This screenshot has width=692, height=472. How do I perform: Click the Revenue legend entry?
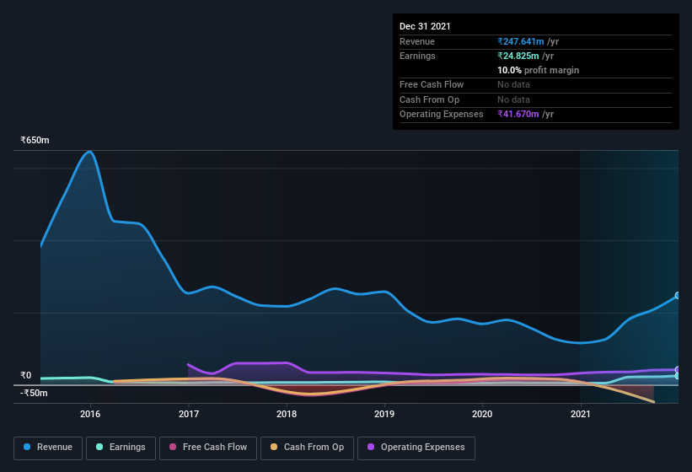pyautogui.click(x=48, y=448)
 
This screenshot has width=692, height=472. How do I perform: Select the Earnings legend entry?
pyautogui.click(x=121, y=448)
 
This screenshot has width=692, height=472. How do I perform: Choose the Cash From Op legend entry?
pyautogui.click(x=307, y=448)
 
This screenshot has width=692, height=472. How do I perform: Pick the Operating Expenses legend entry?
pyautogui.click(x=416, y=448)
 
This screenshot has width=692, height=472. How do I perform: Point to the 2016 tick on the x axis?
pyautogui.click(x=90, y=414)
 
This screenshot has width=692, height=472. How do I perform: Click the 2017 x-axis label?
pyautogui.click(x=189, y=414)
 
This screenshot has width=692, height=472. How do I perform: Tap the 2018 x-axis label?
pyautogui.click(x=287, y=414)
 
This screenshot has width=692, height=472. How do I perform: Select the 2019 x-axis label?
pyautogui.click(x=384, y=414)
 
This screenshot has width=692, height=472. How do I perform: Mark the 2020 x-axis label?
pyautogui.click(x=482, y=414)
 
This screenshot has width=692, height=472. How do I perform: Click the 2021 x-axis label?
pyautogui.click(x=581, y=414)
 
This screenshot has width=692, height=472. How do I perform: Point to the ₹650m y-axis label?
pyautogui.click(x=35, y=140)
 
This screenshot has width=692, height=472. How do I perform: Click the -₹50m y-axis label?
pyautogui.click(x=34, y=393)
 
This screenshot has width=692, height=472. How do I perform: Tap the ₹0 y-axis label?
pyautogui.click(x=26, y=376)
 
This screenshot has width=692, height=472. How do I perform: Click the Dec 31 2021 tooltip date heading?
pyautogui.click(x=425, y=26)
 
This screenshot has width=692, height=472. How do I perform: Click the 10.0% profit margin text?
pyautogui.click(x=538, y=70)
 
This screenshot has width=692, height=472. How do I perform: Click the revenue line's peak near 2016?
pyautogui.click(x=89, y=152)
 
